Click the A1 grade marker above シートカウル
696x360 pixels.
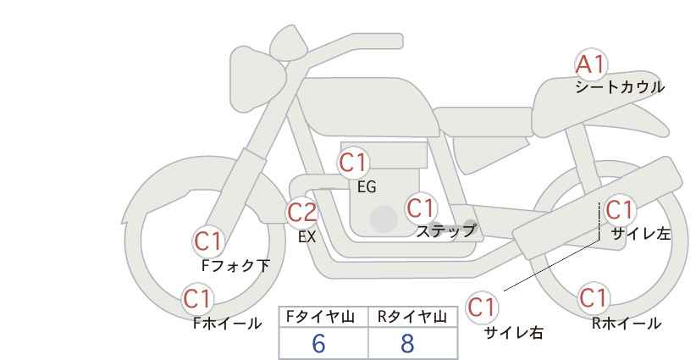(x=591, y=64)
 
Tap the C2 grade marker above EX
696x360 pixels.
(x=302, y=212)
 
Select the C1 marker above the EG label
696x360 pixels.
(x=353, y=163)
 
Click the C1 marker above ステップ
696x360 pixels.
(x=422, y=208)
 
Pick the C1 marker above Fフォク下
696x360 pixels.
(x=208, y=242)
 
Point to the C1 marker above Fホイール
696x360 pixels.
(x=197, y=299)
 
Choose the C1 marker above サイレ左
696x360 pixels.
(x=619, y=209)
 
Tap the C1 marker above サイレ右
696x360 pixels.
(x=483, y=307)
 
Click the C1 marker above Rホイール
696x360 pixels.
(x=594, y=297)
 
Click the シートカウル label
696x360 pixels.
(x=620, y=87)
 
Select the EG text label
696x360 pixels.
(x=367, y=187)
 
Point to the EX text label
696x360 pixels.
(x=307, y=237)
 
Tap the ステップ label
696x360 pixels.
(x=445, y=231)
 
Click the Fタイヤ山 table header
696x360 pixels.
(x=320, y=317)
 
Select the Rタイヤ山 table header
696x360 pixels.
(x=412, y=317)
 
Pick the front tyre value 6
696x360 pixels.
(x=318, y=343)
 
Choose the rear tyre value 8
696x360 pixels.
(x=407, y=343)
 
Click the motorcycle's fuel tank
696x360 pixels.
(x=366, y=107)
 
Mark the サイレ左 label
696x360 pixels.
(x=641, y=234)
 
